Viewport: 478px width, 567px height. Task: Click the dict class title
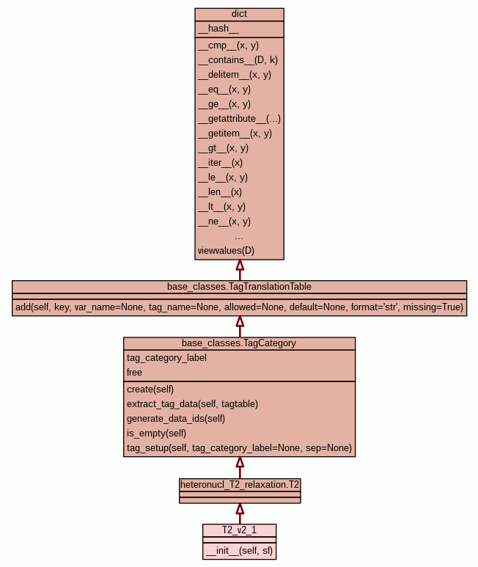[x=239, y=14]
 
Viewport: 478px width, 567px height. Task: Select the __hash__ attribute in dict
[x=218, y=29]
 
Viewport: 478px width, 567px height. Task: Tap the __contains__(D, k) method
[x=238, y=59]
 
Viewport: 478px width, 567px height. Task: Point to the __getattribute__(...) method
[x=239, y=118]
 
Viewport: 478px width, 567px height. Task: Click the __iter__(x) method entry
[x=220, y=162]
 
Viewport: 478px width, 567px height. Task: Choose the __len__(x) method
[x=219, y=191]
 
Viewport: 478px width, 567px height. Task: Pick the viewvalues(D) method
[x=226, y=250]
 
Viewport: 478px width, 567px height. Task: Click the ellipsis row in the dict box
[x=239, y=236]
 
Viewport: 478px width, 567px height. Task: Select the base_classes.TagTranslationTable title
[x=239, y=286]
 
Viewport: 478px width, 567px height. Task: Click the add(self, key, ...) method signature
[x=239, y=307]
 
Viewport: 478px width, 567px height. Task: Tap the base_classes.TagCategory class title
[x=239, y=343]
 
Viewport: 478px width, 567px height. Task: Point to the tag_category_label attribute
[x=166, y=357]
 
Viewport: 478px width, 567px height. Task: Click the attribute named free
[x=134, y=372]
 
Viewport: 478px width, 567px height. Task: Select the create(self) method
[x=150, y=389]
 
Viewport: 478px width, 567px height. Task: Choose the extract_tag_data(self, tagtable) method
[x=192, y=403]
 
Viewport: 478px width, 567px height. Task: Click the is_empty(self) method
[x=156, y=433]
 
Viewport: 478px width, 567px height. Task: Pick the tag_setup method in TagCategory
[x=239, y=447]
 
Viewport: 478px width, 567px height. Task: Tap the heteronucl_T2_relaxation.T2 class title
[x=239, y=484]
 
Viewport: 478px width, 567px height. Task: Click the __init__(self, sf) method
[x=239, y=550]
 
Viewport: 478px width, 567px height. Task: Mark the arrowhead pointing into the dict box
[x=239, y=266]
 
